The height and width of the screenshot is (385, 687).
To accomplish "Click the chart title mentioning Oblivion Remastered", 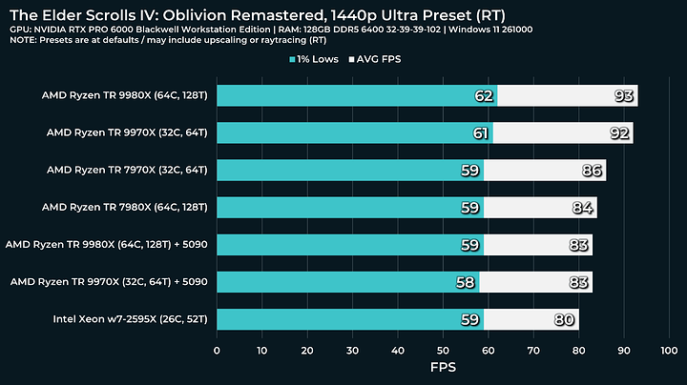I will click(x=258, y=12).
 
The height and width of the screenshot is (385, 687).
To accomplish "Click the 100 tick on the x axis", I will click(x=667, y=351).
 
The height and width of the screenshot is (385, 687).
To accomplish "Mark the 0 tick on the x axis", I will click(x=218, y=351).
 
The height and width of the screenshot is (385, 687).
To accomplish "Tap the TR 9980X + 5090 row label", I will click(x=107, y=244).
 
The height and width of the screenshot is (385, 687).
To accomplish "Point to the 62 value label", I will click(x=484, y=96).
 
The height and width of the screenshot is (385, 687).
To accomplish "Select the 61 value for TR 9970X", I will click(x=480, y=133).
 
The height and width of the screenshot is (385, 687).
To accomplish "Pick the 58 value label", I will click(x=466, y=282).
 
